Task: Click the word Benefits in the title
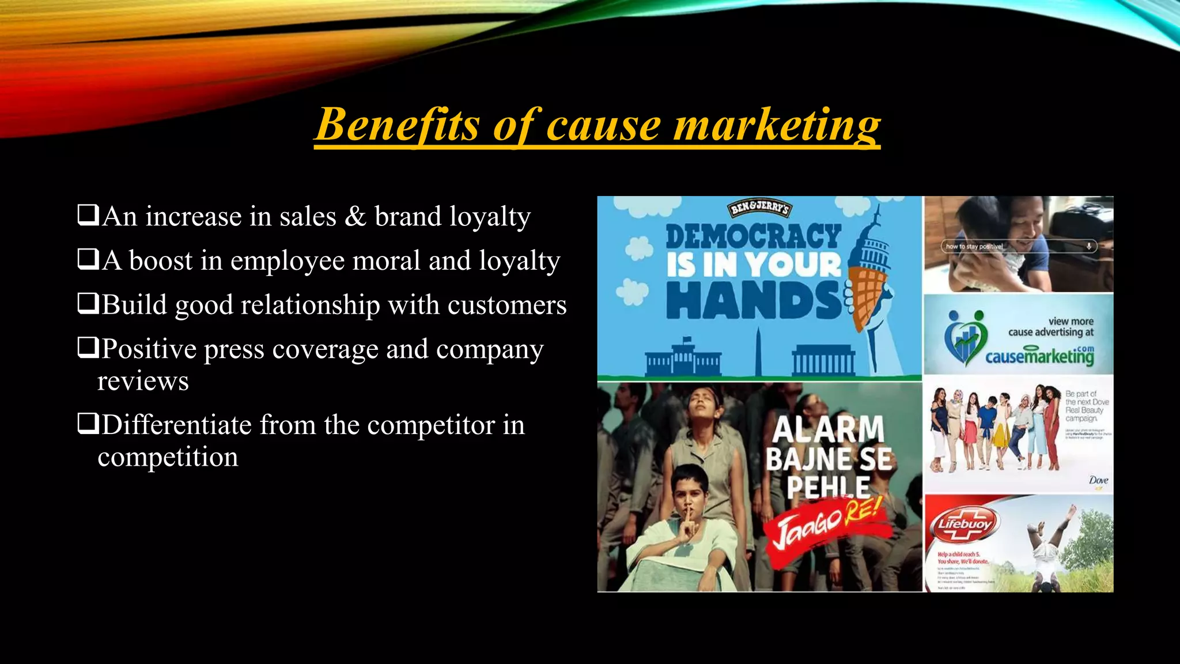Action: coord(398,124)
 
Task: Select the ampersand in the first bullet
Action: coord(355,217)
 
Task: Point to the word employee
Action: coord(288,261)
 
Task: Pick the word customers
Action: coord(507,305)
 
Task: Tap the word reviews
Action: coord(143,381)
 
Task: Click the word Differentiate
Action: coord(177,425)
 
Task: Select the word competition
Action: coord(168,457)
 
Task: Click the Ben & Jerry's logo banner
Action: coord(759,208)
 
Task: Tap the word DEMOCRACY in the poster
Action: coord(753,237)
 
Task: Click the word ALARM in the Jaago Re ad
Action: coord(828,429)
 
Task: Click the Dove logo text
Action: coord(1098,480)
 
